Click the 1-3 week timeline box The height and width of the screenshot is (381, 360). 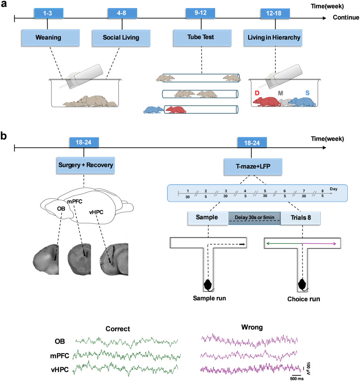pos(49,13)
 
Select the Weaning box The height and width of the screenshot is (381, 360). pos(50,38)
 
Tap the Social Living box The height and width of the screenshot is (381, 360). pos(121,38)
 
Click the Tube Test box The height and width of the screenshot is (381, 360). pos(202,38)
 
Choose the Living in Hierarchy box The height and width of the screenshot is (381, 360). pos(273,38)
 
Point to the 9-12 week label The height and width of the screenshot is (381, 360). pos(200,13)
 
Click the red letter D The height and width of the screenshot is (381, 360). pos(257,93)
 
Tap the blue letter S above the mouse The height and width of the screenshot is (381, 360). pos(308,93)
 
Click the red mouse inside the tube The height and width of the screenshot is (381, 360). pos(175,110)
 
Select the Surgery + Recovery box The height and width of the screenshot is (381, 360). pos(85,165)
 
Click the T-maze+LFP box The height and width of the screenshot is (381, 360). pos(253,167)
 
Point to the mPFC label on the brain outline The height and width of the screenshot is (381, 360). pos(75,202)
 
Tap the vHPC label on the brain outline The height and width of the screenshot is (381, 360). pos(96,212)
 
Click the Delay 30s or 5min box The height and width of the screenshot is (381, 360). pos(254,218)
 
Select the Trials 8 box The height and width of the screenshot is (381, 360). pos(301,218)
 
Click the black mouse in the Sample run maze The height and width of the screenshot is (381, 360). pos(208,285)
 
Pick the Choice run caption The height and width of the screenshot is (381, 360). pos(304,299)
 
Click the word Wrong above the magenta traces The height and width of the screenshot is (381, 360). pos(252,327)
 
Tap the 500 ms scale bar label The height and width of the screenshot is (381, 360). pos(297,379)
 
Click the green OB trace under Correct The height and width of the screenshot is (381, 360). pos(126,342)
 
